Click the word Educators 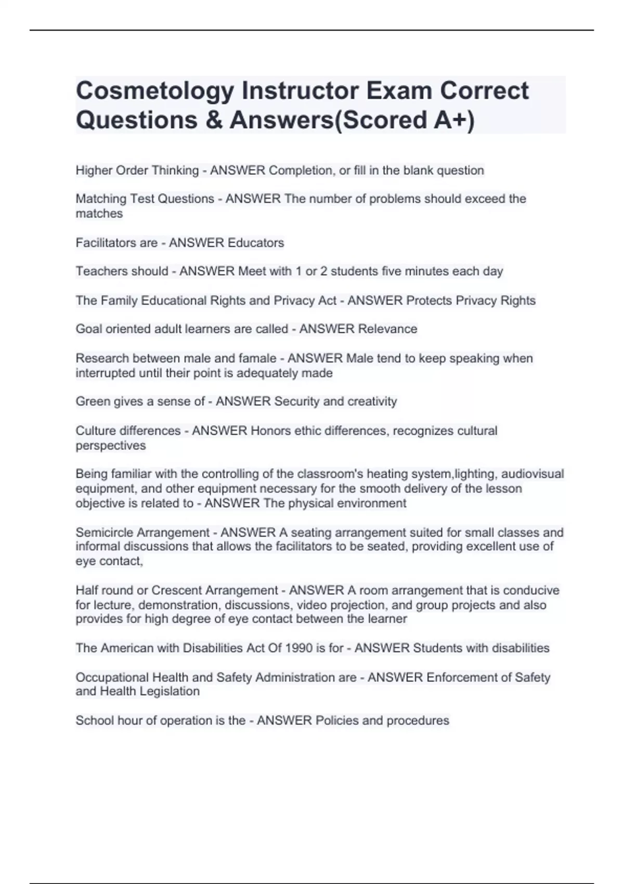tap(255, 243)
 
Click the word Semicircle tap(105, 532)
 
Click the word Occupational tap(112, 678)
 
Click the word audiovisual tap(532, 474)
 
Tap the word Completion tap(301, 171)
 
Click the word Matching tap(101, 199)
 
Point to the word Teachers tap(100, 271)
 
